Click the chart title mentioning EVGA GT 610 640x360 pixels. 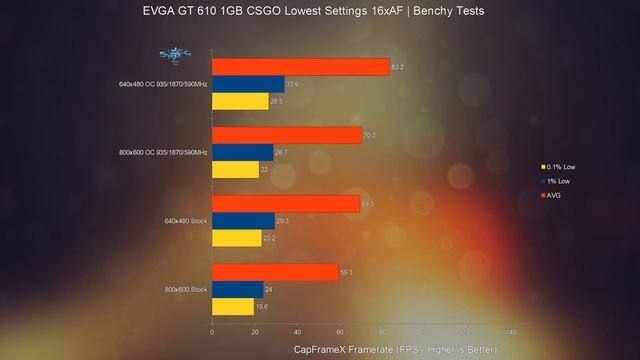[319, 11]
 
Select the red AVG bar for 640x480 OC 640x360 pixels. [301, 67]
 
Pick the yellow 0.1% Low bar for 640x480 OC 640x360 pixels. [240, 101]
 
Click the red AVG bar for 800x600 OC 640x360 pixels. [287, 135]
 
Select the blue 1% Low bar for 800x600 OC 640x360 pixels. [243, 152]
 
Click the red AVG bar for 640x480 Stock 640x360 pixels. [286, 204]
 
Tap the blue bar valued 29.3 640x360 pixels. [243, 221]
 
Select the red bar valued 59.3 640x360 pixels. [275, 272]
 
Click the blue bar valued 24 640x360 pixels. [238, 290]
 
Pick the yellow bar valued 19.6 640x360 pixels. [233, 307]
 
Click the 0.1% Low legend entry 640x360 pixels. [559, 167]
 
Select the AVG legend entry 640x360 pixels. [553, 195]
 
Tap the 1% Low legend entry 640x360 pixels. [557, 181]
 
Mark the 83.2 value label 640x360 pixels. [398, 67]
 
